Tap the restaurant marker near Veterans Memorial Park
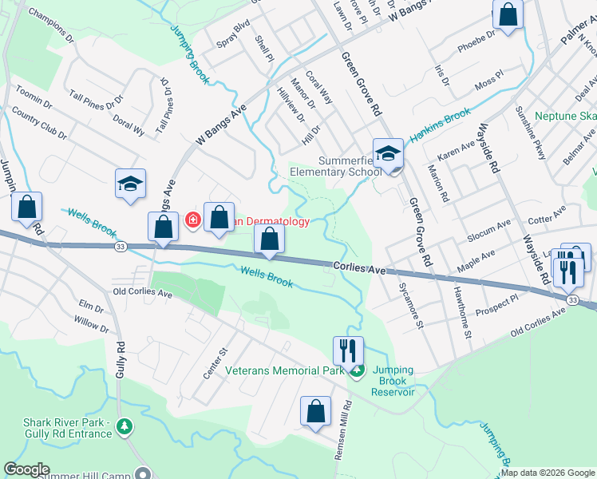coord(348,350)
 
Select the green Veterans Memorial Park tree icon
coord(358,370)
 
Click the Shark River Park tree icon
coord(123,427)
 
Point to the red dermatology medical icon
coord(192,220)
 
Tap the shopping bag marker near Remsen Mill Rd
coord(316,412)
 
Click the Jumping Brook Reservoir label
coord(392,386)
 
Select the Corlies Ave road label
coord(359,271)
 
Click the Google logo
coord(26,469)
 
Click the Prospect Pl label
coord(498,305)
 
